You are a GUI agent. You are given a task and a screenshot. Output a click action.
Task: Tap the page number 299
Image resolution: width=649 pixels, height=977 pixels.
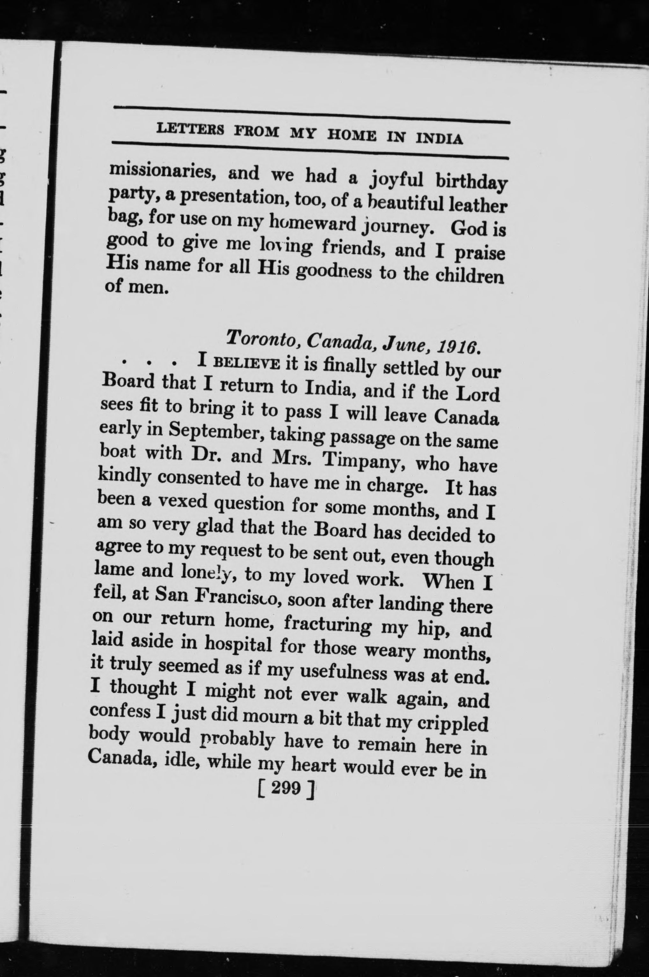coord(286,788)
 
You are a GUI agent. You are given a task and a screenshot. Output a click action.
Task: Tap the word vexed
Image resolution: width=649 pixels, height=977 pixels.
coord(183,501)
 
